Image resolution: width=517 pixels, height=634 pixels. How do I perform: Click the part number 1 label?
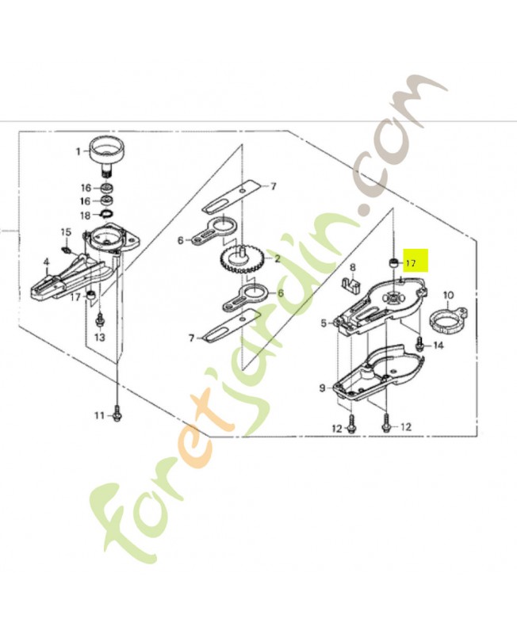(79, 151)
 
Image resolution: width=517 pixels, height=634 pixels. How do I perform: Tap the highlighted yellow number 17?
(411, 262)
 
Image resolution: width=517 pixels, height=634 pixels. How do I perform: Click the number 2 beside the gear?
(278, 258)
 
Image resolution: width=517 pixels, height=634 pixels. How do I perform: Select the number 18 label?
(85, 215)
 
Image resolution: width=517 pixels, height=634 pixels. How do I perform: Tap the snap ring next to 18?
(105, 214)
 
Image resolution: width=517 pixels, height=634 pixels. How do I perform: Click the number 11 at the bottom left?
(99, 414)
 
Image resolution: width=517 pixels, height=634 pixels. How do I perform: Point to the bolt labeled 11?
(117, 413)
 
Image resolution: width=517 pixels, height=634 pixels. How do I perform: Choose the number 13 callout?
(100, 337)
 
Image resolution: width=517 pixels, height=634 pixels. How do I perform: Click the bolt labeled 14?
(419, 344)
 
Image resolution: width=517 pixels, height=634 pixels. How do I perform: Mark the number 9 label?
(322, 388)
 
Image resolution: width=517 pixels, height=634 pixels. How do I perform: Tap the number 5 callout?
(324, 323)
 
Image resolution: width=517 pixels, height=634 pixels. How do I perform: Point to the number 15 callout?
(67, 232)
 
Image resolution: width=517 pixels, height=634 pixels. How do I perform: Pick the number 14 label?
(438, 346)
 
